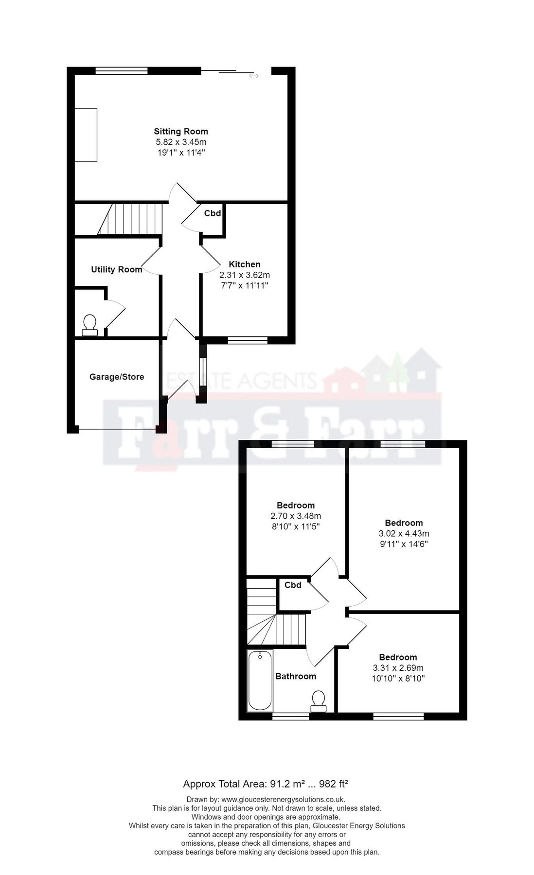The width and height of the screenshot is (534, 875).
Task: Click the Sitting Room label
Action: [x=181, y=131]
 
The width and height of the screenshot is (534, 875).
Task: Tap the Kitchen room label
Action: [x=245, y=264]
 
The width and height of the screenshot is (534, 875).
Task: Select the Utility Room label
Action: [x=117, y=269]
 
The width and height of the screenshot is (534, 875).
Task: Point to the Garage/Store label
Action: [x=117, y=377]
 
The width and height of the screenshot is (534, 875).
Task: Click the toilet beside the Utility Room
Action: [x=90, y=325]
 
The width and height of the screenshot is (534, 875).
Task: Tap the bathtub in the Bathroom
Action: [x=260, y=681]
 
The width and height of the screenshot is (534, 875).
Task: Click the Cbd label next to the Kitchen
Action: [x=213, y=213]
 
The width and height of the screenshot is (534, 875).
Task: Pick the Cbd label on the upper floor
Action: [x=293, y=585]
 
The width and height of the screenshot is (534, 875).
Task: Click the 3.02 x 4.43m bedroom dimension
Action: [x=404, y=534]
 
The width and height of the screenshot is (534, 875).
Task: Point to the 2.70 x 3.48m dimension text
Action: [x=296, y=516]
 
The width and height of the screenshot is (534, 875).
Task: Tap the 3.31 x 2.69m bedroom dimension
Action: [x=398, y=668]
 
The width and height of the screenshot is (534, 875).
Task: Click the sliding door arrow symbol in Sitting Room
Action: [x=253, y=76]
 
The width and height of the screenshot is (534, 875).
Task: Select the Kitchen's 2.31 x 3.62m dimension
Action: [x=245, y=275]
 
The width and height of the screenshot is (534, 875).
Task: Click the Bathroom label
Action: [x=296, y=676]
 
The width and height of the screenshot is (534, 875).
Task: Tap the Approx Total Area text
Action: [x=266, y=784]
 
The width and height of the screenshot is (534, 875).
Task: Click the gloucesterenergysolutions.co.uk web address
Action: [x=283, y=799]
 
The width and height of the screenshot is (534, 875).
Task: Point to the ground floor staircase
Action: [x=130, y=219]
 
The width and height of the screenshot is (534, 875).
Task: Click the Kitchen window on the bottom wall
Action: [x=248, y=340]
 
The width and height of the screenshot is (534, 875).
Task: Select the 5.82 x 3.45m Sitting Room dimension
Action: [x=181, y=142]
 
